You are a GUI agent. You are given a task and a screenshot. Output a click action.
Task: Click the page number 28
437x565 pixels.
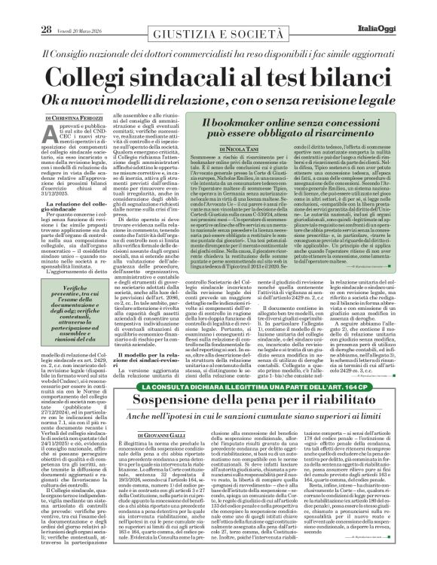click(24, 8)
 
